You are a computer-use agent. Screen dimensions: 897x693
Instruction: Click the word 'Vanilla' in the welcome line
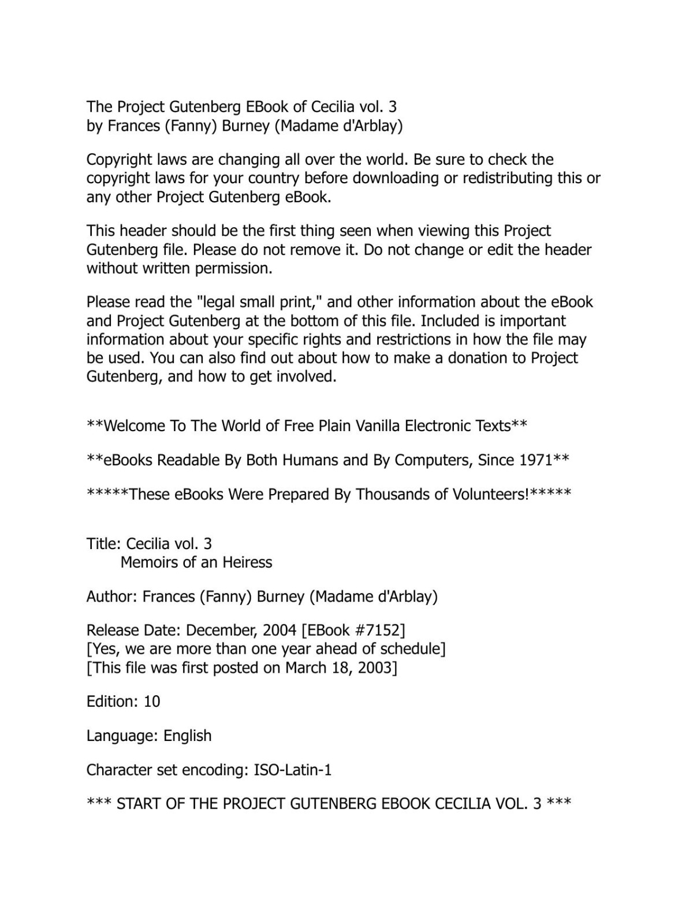pos(378,426)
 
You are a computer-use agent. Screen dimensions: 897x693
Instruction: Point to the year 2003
pos(375,668)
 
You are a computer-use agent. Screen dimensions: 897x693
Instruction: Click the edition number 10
pos(152,702)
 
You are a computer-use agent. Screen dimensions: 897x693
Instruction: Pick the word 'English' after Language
pos(188,736)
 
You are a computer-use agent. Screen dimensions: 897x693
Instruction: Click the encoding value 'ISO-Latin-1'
pos(293,770)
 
